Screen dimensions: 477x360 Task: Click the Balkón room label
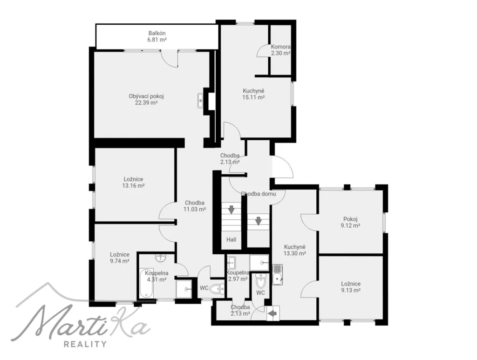pos(157,33)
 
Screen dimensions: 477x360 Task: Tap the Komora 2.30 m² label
pos(280,50)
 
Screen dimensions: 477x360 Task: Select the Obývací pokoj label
pos(146,96)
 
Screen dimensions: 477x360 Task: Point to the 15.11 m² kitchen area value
pos(253,98)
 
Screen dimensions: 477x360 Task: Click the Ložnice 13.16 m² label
pos(133,183)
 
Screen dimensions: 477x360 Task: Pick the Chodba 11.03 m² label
pos(195,206)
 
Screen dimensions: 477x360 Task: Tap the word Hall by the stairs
pos(231,239)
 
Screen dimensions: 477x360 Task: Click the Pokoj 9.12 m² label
pos(350,222)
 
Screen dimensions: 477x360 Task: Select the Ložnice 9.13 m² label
pos(351,287)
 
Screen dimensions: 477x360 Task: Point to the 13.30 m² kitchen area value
pos(294,253)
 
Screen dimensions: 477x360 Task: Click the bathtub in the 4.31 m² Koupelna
pos(147,283)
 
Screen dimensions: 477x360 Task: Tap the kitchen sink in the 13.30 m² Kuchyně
pos(278,275)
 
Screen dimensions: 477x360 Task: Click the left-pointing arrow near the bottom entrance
pos(273,313)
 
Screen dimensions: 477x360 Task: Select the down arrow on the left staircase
pos(231,210)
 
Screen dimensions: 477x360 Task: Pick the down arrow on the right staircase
pos(258,221)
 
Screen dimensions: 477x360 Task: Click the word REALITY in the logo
pos(85,344)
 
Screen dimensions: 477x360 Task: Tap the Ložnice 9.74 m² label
pos(120,258)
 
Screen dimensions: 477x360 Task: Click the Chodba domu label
pos(258,194)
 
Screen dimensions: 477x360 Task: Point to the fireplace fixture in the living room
pos(200,101)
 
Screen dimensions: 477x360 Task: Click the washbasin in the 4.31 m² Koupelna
pos(160,258)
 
